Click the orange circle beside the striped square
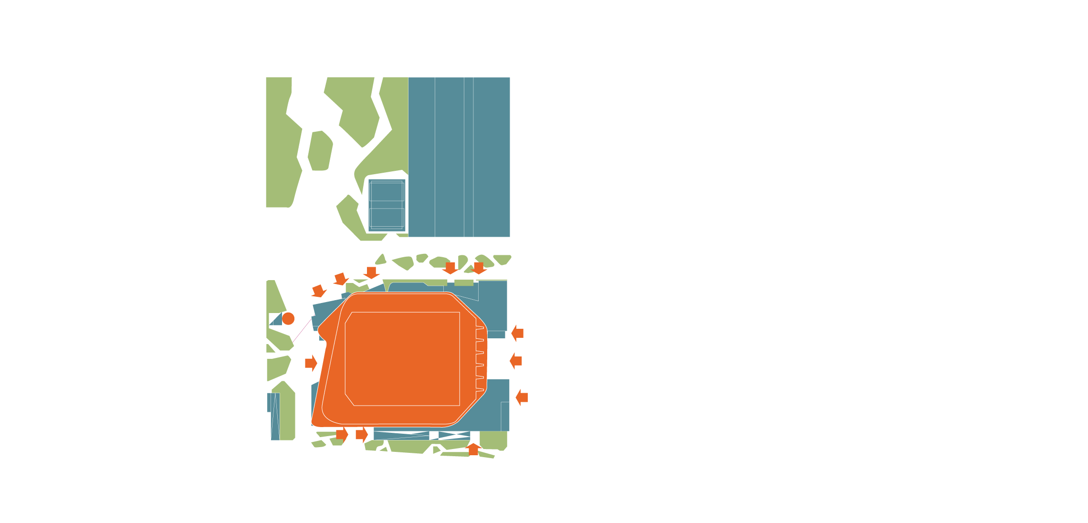(288, 319)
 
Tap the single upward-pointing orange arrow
(473, 449)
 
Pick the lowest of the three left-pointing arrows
(522, 397)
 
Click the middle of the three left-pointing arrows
(516, 361)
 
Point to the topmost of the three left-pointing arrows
(517, 333)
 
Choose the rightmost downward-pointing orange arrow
(479, 268)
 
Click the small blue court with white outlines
(387, 205)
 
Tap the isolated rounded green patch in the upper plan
(320, 151)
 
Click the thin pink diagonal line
(302, 330)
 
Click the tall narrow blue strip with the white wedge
(275, 417)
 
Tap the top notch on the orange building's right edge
(480, 327)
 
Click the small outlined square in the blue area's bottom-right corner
(504, 416)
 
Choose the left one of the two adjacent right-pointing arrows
(342, 434)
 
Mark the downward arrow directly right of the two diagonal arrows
(371, 272)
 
